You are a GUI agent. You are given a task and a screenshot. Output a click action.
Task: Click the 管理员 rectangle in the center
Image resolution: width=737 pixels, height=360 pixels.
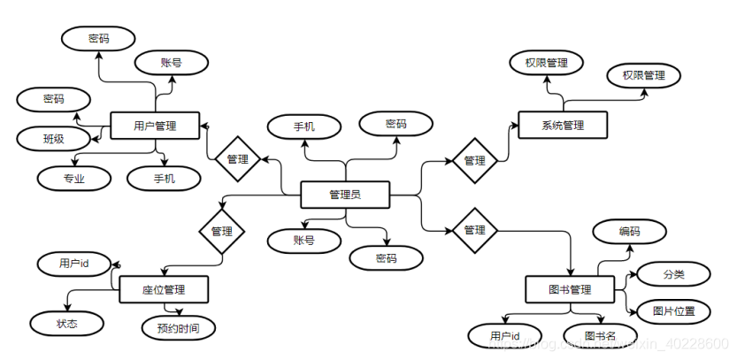[x=345, y=195]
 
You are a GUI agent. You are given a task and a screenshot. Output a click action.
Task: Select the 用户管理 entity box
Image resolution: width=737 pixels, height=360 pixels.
[x=155, y=126]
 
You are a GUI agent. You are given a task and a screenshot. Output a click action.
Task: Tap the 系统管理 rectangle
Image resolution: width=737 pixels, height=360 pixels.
[x=563, y=126]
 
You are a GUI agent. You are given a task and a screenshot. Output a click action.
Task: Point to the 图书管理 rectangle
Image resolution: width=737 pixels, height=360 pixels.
[x=569, y=289]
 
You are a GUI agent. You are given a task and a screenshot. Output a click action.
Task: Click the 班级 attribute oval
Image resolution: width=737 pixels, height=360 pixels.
[x=54, y=138]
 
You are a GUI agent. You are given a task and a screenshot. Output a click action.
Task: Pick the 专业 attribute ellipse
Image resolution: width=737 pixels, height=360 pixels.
[x=74, y=178]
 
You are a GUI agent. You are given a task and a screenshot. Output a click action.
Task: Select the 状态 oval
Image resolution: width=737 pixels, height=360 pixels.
[x=67, y=324]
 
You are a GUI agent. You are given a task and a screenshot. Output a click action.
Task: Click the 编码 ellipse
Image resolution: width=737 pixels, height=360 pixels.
[x=629, y=232]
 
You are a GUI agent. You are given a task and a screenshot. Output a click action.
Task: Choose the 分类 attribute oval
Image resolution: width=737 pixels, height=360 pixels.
[x=673, y=274]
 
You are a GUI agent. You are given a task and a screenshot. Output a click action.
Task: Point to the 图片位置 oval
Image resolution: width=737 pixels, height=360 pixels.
[x=673, y=310]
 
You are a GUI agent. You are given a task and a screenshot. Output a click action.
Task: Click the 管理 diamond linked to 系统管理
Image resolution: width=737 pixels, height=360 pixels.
[x=474, y=161]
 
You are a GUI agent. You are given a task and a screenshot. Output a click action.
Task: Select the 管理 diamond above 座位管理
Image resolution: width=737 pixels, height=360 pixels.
[x=222, y=231]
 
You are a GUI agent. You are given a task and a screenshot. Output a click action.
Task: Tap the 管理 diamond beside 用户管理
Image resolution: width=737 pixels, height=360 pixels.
[x=237, y=159]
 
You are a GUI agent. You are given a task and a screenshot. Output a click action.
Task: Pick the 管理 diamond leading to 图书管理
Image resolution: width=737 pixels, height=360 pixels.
[x=474, y=230]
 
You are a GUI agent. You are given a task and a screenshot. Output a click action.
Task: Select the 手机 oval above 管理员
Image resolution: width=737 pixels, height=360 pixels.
[x=304, y=126]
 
